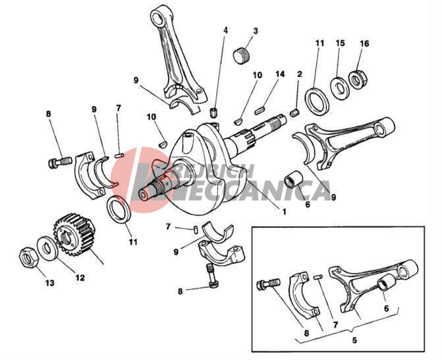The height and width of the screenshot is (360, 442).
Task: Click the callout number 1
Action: (x=284, y=212)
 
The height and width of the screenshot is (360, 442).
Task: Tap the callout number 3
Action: (x=256, y=31)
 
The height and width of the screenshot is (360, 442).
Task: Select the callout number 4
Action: (x=225, y=30)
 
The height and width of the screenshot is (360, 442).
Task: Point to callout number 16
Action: (x=364, y=44)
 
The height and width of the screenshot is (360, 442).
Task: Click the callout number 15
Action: (x=341, y=43)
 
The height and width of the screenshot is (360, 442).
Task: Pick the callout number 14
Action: (x=280, y=75)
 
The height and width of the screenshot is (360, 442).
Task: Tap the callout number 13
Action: (x=49, y=283)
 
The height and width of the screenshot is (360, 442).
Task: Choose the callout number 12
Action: (x=80, y=278)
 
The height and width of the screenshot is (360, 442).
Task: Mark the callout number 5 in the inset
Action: (x=354, y=340)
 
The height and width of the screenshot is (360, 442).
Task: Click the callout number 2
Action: (x=300, y=75)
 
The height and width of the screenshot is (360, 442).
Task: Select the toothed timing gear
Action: (x=74, y=235)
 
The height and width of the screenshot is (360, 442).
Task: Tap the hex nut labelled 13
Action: (x=28, y=258)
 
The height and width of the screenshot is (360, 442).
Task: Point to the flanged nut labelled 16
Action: (x=358, y=80)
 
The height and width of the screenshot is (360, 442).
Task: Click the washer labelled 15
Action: (x=340, y=88)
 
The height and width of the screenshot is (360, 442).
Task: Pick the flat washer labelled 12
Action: (x=48, y=249)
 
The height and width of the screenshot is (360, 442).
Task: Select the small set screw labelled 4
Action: (x=215, y=113)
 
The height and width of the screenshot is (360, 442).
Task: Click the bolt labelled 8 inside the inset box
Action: (x=268, y=284)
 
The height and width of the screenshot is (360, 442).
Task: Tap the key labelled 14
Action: (x=260, y=110)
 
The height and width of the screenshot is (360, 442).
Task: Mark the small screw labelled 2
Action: (x=294, y=113)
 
